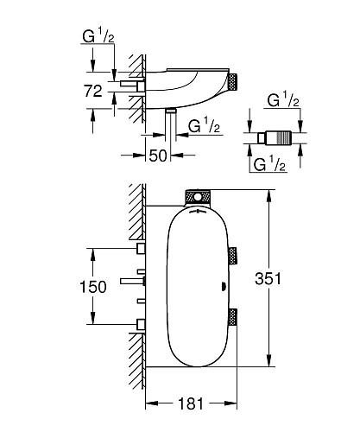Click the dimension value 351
pyautogui.click(x=268, y=278)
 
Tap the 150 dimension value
pyautogui.click(x=92, y=287)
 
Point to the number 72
pyautogui.click(x=93, y=91)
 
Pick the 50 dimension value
pyautogui.click(x=158, y=156)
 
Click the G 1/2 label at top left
pyautogui.click(x=98, y=36)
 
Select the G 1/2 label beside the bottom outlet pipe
pyautogui.click(x=204, y=126)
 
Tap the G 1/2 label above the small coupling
pyautogui.click(x=283, y=101)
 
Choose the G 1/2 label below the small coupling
pyautogui.click(x=269, y=165)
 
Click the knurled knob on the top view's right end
pyautogui.click(x=232, y=83)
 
